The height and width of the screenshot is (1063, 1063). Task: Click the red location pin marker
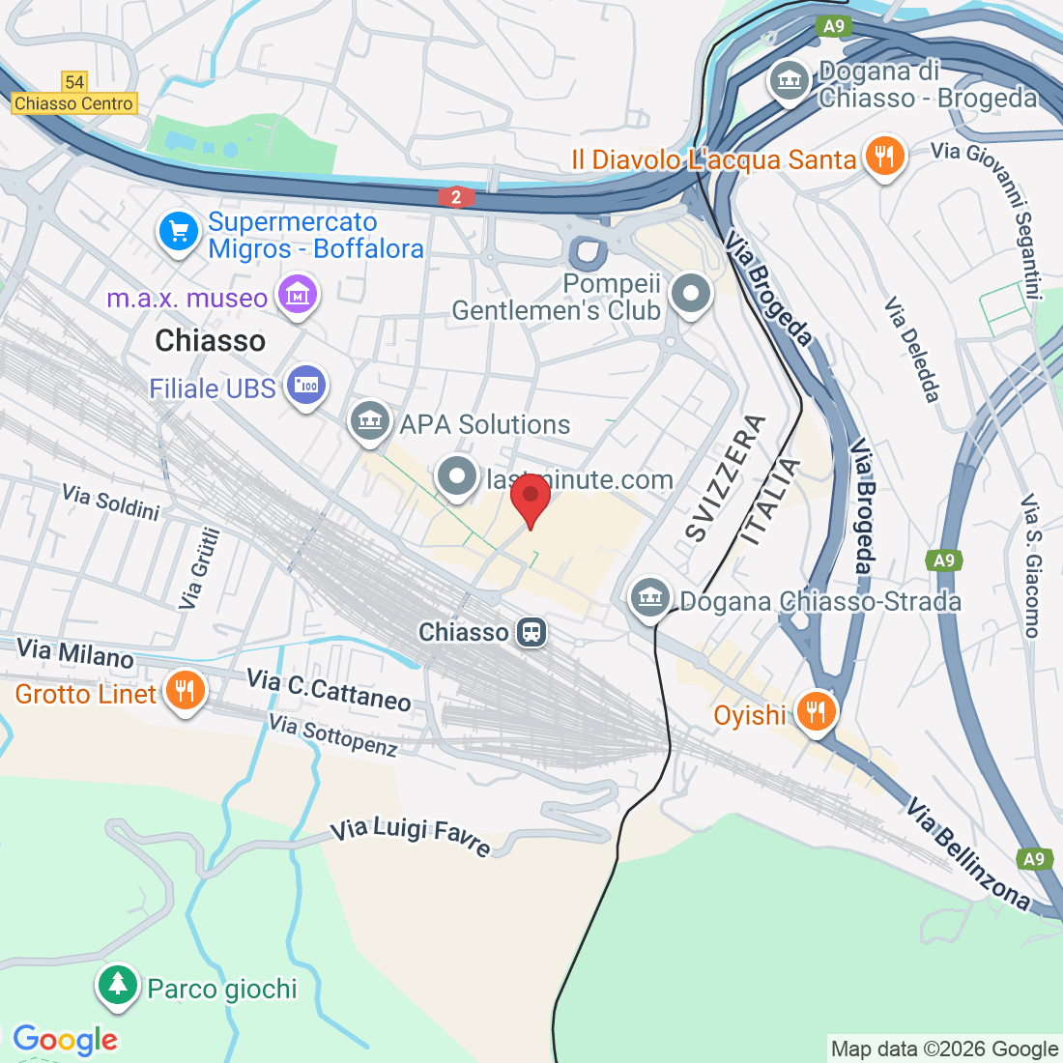pyautogui.click(x=530, y=498)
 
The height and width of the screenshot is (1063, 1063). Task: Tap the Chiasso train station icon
pyautogui.click(x=531, y=633)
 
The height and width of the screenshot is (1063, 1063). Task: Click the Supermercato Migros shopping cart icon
pyautogui.click(x=179, y=233)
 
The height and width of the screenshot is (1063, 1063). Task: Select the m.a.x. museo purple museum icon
pyautogui.click(x=297, y=295)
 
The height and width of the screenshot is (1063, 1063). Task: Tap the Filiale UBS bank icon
pyautogui.click(x=306, y=387)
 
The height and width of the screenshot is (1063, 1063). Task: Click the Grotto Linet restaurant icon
pyautogui.click(x=184, y=691)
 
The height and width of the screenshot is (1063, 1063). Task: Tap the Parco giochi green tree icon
pyautogui.click(x=118, y=986)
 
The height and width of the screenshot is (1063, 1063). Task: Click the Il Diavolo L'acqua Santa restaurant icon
pyautogui.click(x=884, y=156)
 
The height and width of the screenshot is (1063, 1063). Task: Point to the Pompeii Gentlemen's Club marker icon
pyautogui.click(x=692, y=294)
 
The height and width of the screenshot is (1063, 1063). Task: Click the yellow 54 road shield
pyautogui.click(x=74, y=82)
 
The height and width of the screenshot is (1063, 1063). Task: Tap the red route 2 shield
pyautogui.click(x=456, y=197)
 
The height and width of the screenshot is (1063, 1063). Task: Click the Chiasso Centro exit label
pyautogui.click(x=74, y=103)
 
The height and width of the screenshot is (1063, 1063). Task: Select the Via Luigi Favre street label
pyautogui.click(x=412, y=836)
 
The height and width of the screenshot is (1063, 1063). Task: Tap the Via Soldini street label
pyautogui.click(x=110, y=502)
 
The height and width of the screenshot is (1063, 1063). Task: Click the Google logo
pyautogui.click(x=65, y=1040)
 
